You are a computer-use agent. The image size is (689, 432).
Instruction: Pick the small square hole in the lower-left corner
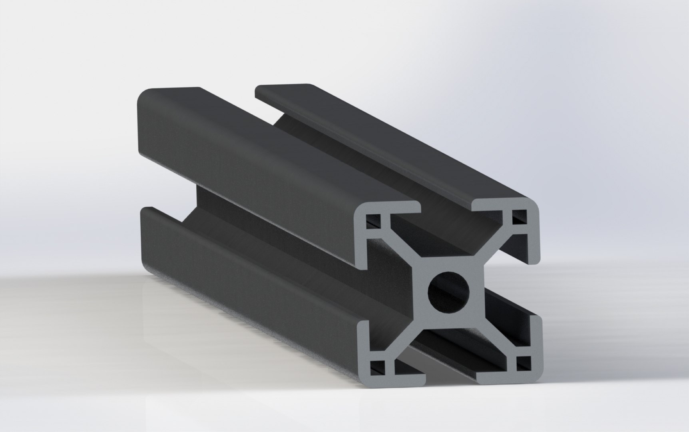[376, 365]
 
